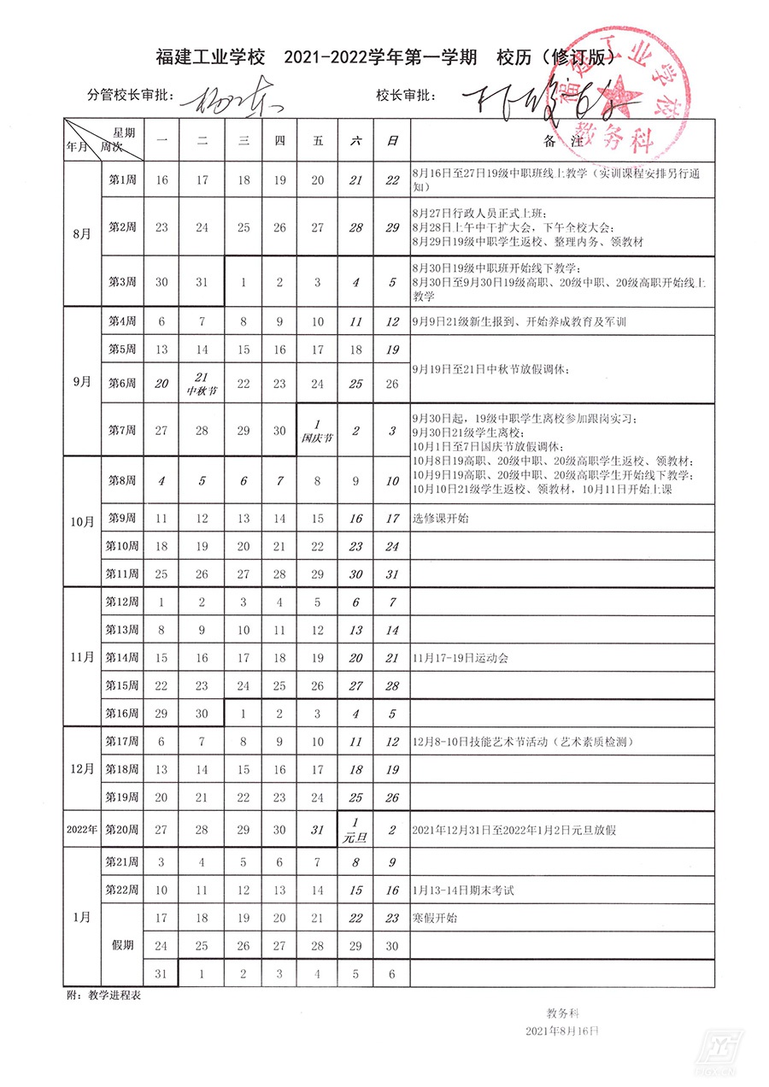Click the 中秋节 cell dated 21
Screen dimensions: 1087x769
(x=202, y=384)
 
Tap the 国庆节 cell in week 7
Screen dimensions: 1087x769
(x=317, y=431)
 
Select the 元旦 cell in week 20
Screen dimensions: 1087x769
(x=355, y=829)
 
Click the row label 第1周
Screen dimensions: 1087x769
(x=120, y=180)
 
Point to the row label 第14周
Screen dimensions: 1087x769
(x=121, y=658)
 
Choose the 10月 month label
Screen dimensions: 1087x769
(x=81, y=521)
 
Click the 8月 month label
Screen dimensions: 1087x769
(x=81, y=232)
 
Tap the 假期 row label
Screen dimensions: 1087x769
(x=121, y=945)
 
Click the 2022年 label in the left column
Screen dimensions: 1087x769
(x=81, y=829)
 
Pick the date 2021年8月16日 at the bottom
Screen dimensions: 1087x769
(x=562, y=1031)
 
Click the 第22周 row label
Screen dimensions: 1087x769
(x=121, y=890)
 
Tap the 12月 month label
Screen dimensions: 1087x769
(x=81, y=769)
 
